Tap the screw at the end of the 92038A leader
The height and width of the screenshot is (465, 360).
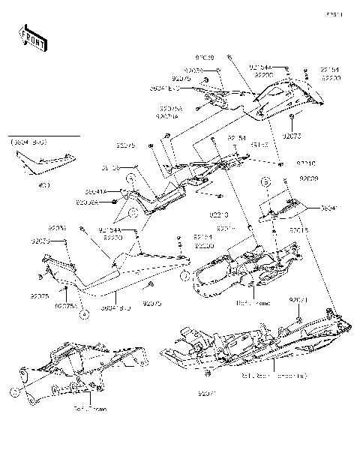pyautogui.click(x=113, y=202)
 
